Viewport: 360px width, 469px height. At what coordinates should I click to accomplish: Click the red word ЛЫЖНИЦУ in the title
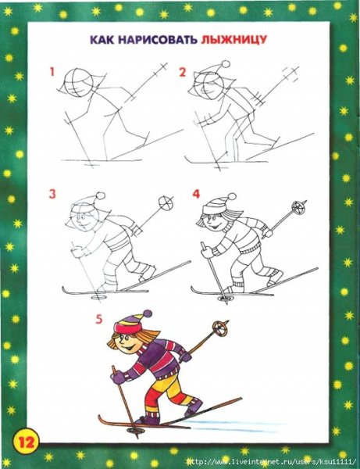233,40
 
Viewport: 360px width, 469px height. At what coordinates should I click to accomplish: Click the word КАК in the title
102,40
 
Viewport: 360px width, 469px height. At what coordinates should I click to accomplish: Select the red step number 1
52,72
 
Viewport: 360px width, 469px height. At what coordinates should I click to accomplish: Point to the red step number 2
183,72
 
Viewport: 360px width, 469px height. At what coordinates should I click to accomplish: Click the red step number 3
52,194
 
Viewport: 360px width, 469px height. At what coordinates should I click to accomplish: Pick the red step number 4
196,194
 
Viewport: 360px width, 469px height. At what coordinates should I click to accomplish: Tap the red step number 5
99,320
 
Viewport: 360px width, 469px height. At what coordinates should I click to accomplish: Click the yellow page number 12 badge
27,441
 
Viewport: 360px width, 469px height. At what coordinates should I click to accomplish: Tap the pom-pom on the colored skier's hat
148,314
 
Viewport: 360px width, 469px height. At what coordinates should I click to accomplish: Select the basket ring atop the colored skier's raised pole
220,328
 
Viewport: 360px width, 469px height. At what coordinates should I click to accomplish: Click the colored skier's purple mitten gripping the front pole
118,378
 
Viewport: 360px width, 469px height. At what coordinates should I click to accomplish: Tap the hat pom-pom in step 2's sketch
226,64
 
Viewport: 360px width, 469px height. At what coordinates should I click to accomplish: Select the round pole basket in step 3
166,203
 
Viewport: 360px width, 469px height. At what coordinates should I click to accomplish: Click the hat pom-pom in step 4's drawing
231,197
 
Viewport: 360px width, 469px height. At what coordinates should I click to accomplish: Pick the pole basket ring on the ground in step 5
135,430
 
